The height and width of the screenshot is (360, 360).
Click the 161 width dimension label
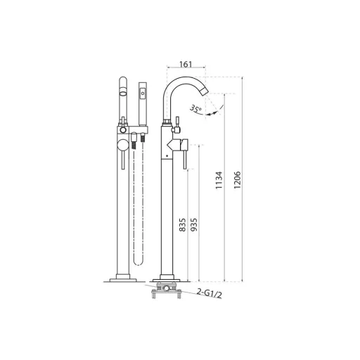(x=186, y=64)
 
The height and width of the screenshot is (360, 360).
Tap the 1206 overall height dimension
(x=237, y=180)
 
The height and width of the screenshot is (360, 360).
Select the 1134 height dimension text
(x=219, y=180)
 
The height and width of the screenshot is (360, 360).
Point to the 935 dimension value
(x=194, y=225)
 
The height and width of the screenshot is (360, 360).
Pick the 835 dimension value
(x=182, y=225)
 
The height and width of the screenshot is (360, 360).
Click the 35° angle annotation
(x=195, y=108)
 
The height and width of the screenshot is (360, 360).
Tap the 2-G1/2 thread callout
(x=210, y=293)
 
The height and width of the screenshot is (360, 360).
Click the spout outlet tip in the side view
(x=205, y=92)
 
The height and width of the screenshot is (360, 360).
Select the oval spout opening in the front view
(x=123, y=94)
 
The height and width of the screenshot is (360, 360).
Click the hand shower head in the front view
(x=143, y=103)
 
